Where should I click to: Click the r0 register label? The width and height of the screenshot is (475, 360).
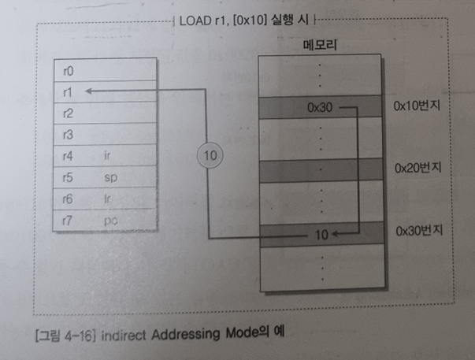pyautogui.click(x=67, y=71)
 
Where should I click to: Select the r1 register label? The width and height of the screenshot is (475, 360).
pyautogui.click(x=67, y=92)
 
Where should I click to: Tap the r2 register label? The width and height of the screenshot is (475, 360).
pyautogui.click(x=67, y=113)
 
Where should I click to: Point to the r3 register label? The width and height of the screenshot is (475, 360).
pyautogui.click(x=67, y=135)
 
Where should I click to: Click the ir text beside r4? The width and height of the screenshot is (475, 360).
pyautogui.click(x=107, y=156)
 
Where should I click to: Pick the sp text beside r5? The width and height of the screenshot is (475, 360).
pyautogui.click(x=109, y=178)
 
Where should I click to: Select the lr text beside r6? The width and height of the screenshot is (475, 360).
pyautogui.click(x=107, y=200)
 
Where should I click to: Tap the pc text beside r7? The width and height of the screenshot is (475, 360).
pyautogui.click(x=109, y=221)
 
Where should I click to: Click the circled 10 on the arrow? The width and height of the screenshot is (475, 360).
pyautogui.click(x=210, y=157)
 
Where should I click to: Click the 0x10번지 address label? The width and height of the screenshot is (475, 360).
pyautogui.click(x=416, y=106)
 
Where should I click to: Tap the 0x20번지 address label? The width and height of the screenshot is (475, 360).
pyautogui.click(x=416, y=169)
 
